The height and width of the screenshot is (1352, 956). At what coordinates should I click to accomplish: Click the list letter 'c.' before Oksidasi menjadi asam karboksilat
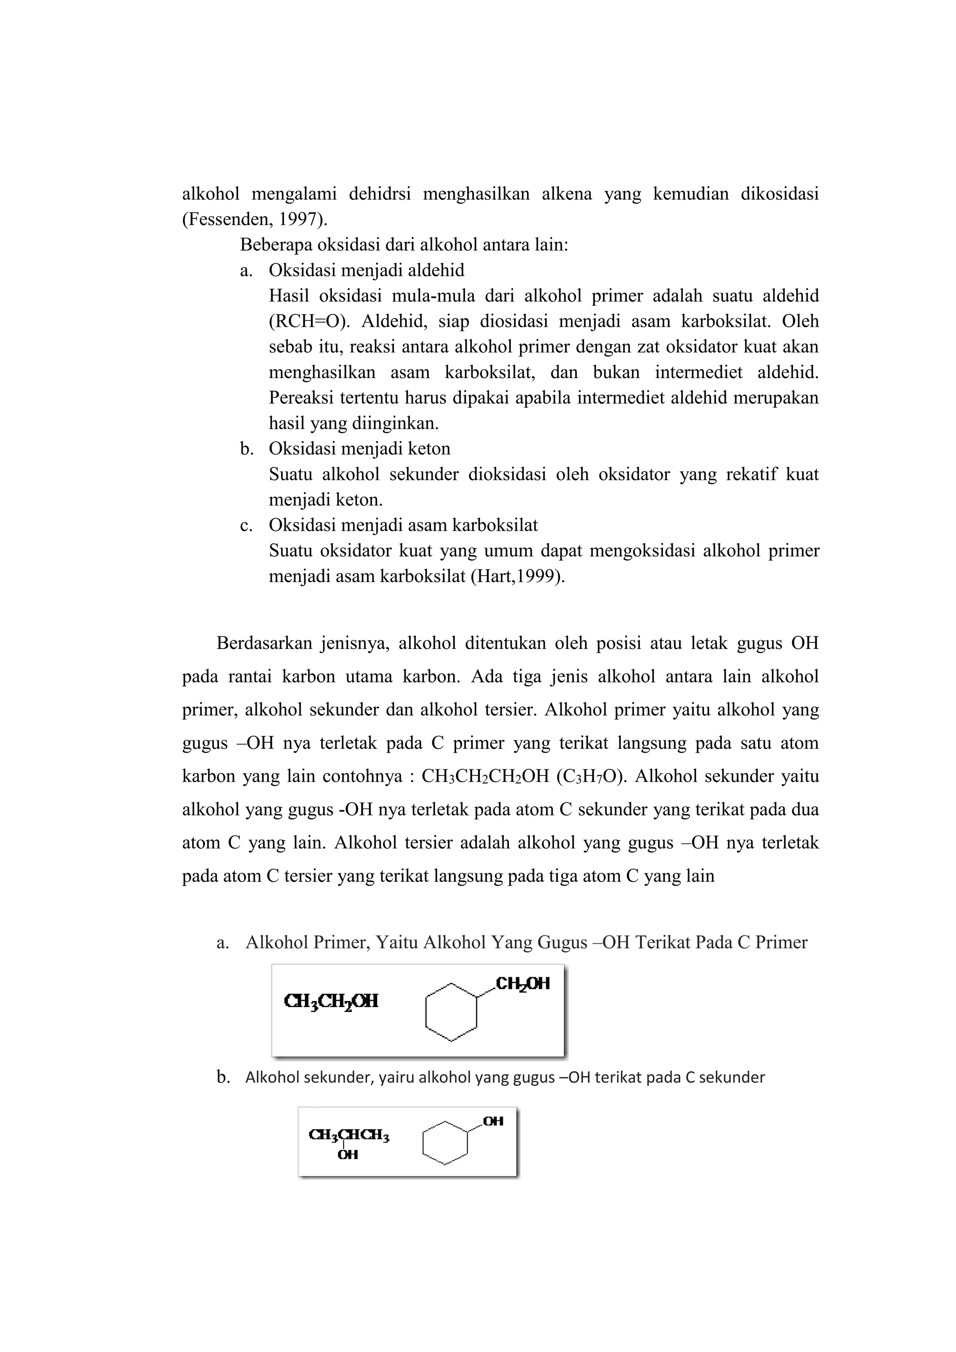[x=246, y=525]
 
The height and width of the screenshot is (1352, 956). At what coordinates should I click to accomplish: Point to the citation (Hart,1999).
[x=518, y=577]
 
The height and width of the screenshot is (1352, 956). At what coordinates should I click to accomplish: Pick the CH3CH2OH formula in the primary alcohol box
[x=331, y=1001]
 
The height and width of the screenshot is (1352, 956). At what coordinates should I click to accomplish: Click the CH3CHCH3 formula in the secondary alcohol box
[x=349, y=1135]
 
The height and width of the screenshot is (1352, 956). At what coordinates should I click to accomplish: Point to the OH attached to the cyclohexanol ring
[x=493, y=1121]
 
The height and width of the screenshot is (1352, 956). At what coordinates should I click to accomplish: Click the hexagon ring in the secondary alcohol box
[x=445, y=1143]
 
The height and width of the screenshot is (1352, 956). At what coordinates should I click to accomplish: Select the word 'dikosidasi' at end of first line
[x=780, y=194]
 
